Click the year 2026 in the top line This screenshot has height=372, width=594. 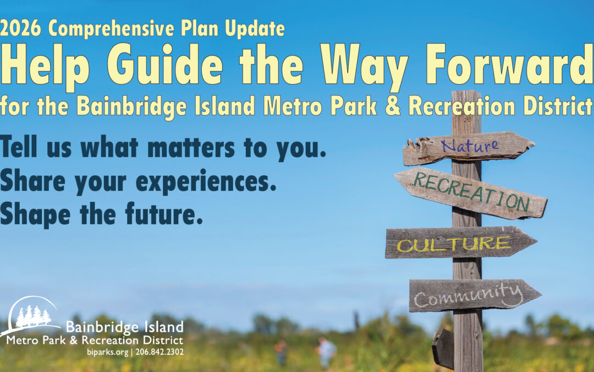click(x=20, y=28)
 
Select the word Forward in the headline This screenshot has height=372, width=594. click(x=509, y=64)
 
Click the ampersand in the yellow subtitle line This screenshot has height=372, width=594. click(x=393, y=106)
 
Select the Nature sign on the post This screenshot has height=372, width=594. click(x=469, y=148)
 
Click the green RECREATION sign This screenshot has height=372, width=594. click(x=470, y=193)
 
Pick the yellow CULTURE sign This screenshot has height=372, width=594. click(x=461, y=242)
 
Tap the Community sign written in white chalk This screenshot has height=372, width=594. click(x=475, y=295)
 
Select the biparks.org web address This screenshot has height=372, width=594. click(x=108, y=352)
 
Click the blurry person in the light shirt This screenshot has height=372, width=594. click(x=326, y=351)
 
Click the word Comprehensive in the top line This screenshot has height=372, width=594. click(x=112, y=29)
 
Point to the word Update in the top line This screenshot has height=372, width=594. click(x=255, y=29)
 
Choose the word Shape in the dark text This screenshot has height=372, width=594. click(x=35, y=215)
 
